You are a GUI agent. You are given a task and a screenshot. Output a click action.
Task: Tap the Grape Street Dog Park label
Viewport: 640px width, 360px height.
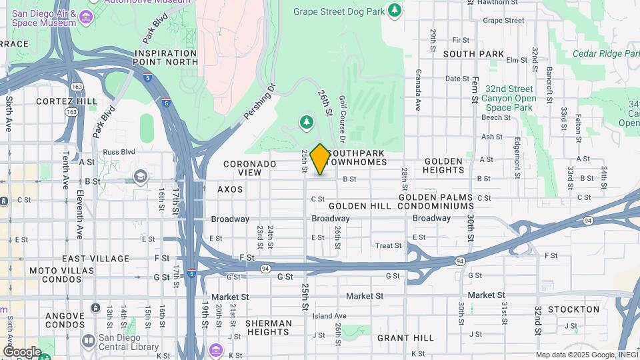[x=339, y=11]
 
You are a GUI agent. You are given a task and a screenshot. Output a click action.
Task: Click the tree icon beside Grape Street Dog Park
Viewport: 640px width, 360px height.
[x=395, y=10]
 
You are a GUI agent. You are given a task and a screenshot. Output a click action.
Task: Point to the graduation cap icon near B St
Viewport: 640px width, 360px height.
[x=140, y=177]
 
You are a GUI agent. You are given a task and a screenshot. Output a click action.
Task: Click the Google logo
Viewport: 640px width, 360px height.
[x=22, y=352]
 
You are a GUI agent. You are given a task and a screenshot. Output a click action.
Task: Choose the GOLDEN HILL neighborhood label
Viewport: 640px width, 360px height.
[x=359, y=206]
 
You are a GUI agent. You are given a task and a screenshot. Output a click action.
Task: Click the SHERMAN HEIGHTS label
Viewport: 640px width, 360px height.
[x=269, y=328]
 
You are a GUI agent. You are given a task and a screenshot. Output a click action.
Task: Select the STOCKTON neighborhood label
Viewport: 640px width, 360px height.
[x=573, y=309]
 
